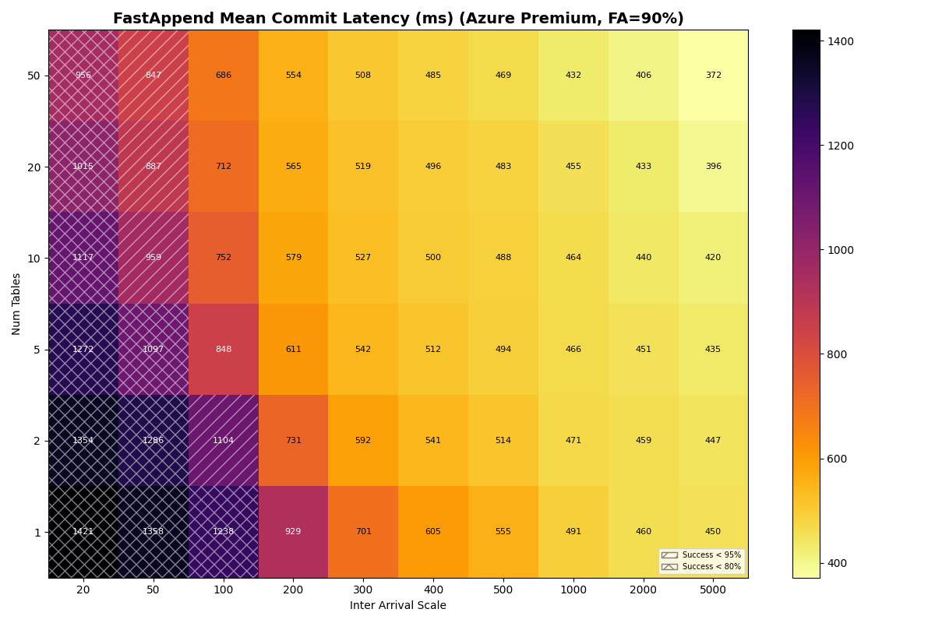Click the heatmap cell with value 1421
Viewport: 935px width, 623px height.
tap(83, 532)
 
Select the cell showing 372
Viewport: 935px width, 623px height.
tap(713, 76)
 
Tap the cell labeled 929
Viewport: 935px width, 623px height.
tap(293, 532)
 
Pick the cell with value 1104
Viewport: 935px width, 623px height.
tap(223, 441)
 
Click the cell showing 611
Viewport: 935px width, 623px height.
tap(293, 350)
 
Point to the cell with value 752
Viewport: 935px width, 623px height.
tap(223, 258)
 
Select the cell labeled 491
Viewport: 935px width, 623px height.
tap(573, 532)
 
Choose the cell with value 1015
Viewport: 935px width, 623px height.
tap(83, 167)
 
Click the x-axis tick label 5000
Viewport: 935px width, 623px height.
tap(713, 590)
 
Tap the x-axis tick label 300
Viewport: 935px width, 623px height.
tap(363, 590)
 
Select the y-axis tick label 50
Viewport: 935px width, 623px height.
tap(34, 76)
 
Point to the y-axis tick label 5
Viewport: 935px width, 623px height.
tap(36, 350)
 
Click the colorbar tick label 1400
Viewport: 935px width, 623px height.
tap(841, 41)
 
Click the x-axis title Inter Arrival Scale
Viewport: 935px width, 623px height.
tap(398, 606)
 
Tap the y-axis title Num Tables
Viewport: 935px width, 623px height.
tap(16, 304)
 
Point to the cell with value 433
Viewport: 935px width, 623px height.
tap(643, 167)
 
